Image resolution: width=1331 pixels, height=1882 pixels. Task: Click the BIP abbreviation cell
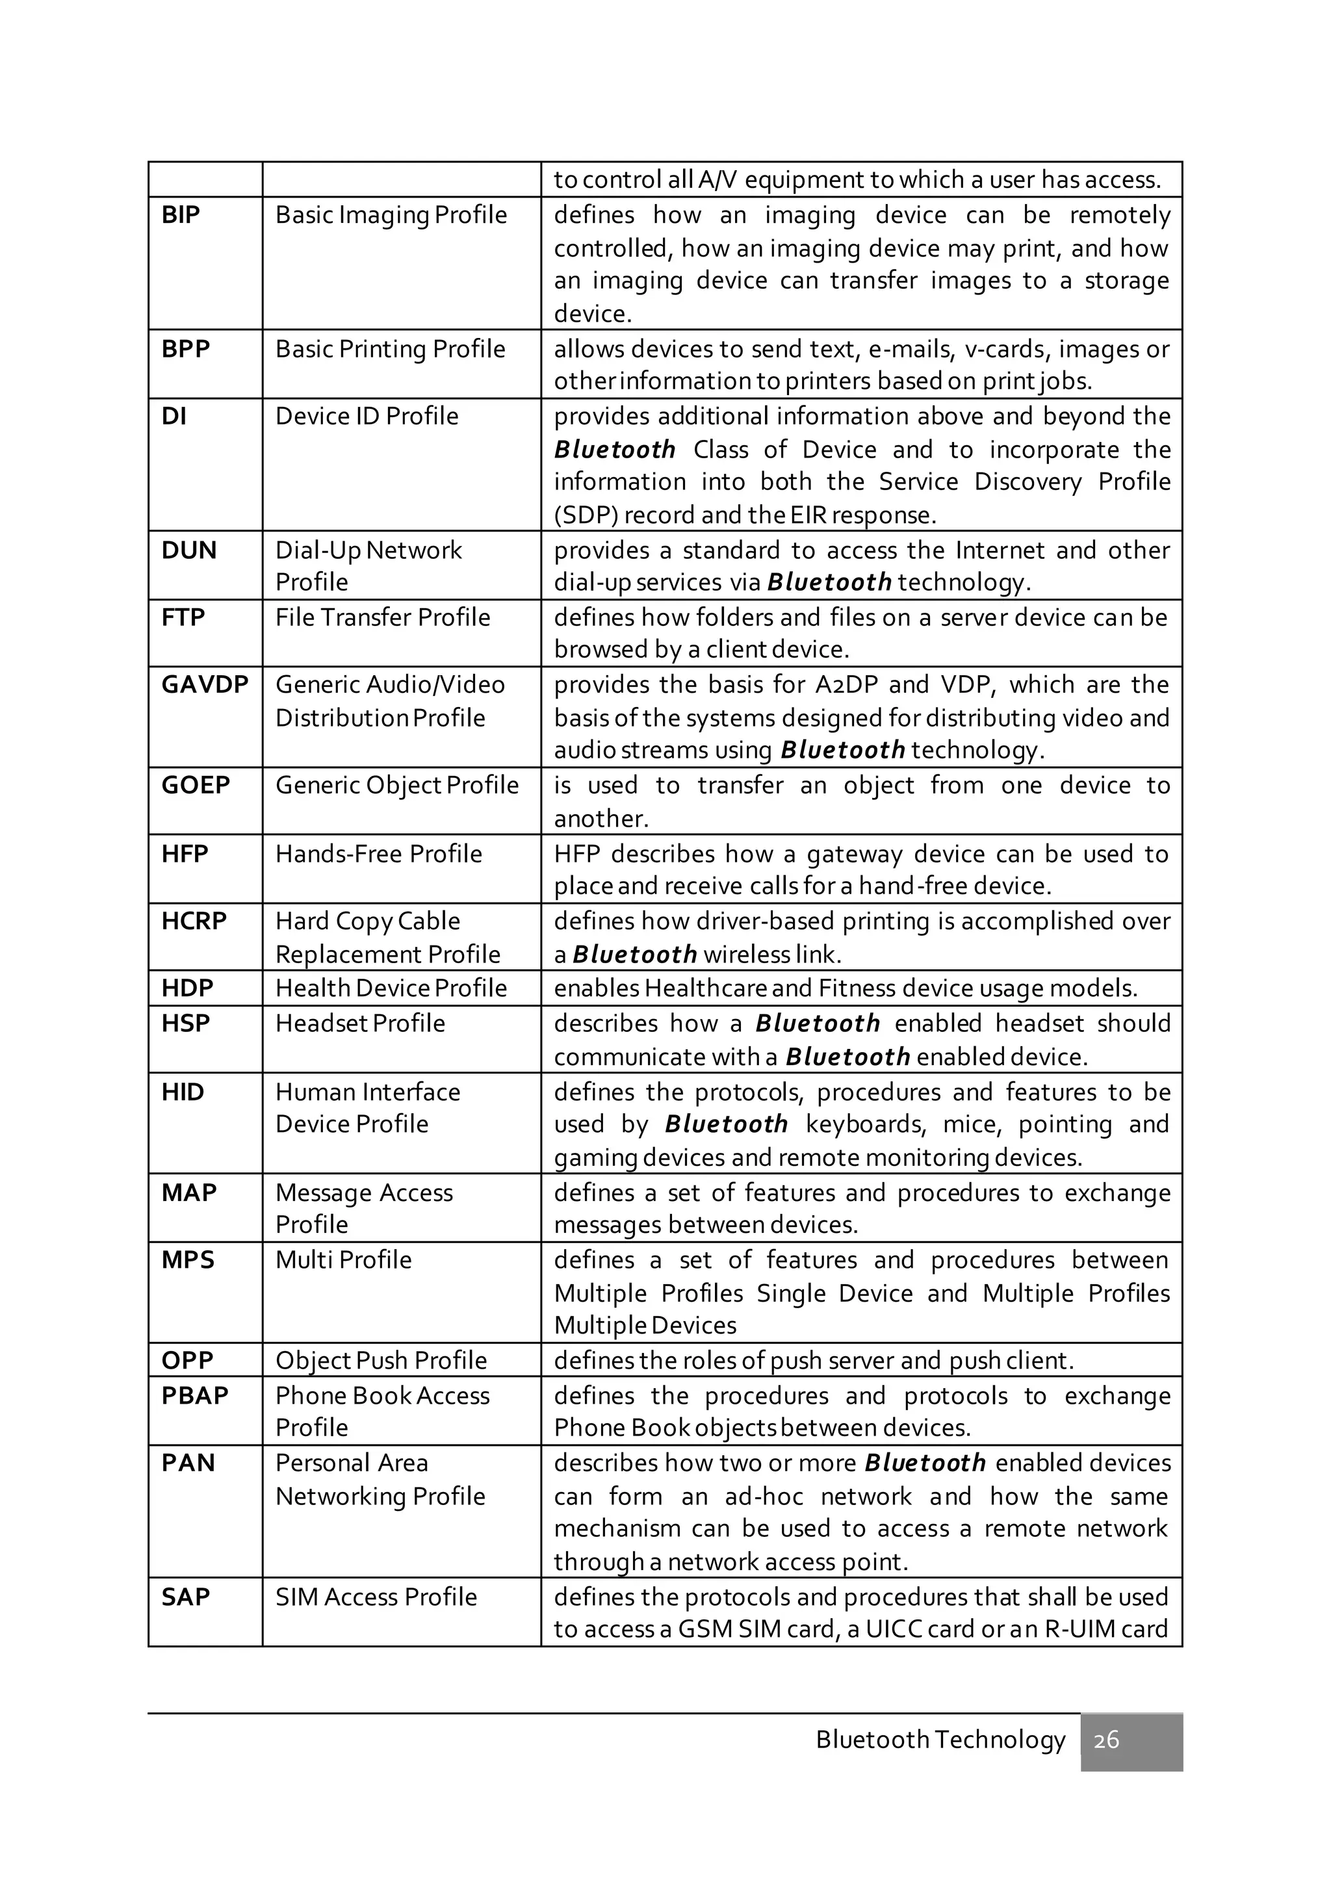[x=181, y=214]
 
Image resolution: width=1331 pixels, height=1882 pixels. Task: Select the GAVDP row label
[x=205, y=684]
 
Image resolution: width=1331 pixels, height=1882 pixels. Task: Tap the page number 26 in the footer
[x=1106, y=1740]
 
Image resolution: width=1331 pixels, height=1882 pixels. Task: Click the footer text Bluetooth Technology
[x=940, y=1740]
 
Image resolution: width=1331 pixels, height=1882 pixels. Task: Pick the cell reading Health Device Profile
[x=391, y=988]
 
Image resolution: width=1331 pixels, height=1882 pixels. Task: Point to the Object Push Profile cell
[x=381, y=1360]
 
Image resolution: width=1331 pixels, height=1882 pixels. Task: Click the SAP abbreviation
[x=186, y=1597]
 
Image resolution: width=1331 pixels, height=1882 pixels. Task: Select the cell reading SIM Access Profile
[x=376, y=1597]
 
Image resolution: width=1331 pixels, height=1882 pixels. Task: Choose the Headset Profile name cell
[x=360, y=1023]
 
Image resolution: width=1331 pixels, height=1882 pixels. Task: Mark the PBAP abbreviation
[x=195, y=1395]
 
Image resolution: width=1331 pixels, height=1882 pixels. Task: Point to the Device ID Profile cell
[x=367, y=417]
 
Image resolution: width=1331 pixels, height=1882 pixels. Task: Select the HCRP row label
[x=194, y=922]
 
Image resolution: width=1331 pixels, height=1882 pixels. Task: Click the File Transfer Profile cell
[x=383, y=617]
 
